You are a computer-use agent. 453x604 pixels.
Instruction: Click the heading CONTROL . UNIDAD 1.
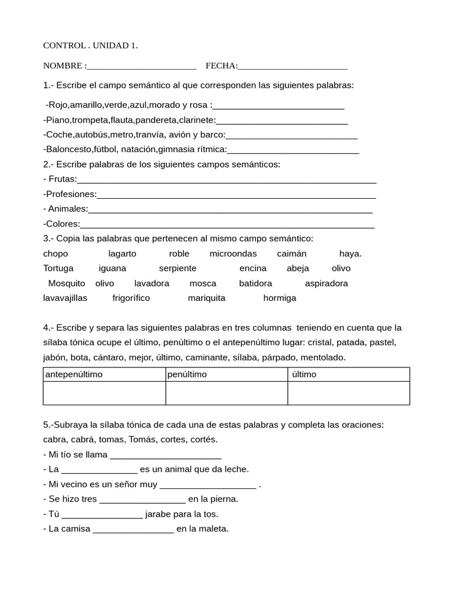(x=90, y=45)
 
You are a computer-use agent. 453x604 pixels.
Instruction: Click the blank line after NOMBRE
(x=142, y=66)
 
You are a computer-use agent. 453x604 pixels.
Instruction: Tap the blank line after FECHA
(x=293, y=66)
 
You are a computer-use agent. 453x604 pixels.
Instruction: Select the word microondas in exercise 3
(x=233, y=254)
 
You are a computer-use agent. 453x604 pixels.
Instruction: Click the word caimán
(x=292, y=254)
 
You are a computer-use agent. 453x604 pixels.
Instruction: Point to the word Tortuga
(x=58, y=268)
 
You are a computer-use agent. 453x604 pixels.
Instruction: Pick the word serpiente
(x=178, y=268)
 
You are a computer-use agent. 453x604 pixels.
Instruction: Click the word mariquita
(x=206, y=298)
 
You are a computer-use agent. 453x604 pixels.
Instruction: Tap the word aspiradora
(x=326, y=283)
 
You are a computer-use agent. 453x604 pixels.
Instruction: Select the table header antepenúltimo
(x=73, y=375)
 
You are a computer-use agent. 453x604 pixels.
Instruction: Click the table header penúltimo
(x=187, y=375)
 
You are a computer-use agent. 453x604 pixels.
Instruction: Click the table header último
(x=304, y=375)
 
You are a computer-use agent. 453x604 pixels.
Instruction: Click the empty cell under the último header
(x=348, y=393)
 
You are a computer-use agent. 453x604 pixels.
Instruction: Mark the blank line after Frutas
(x=226, y=180)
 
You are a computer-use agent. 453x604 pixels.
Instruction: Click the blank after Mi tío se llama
(x=166, y=455)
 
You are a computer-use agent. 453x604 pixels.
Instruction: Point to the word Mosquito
(x=67, y=283)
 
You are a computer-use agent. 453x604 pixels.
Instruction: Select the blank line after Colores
(x=227, y=225)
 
